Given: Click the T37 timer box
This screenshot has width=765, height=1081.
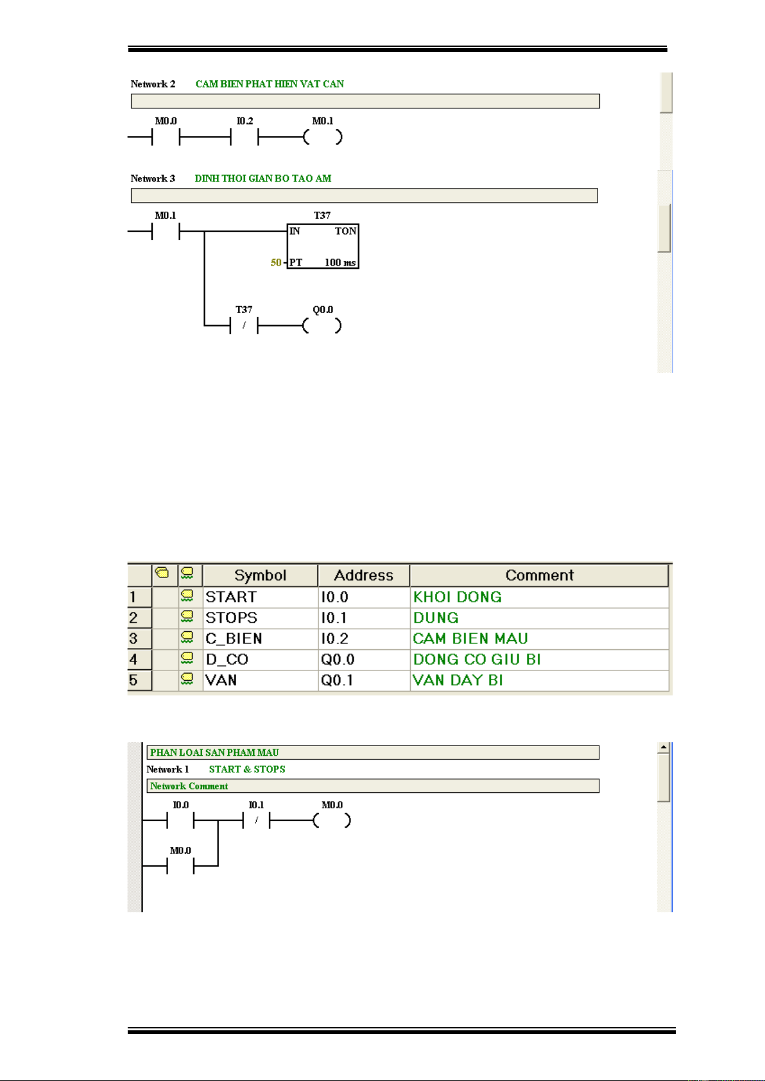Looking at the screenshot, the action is tap(322, 246).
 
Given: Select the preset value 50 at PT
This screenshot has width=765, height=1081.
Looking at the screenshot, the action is tap(275, 262).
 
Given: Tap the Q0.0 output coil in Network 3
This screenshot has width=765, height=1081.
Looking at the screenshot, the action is tap(322, 326).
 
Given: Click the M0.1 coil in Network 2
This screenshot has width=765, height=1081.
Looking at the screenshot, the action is tap(323, 137).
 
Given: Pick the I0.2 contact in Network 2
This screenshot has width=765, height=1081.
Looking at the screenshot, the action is tap(245, 137).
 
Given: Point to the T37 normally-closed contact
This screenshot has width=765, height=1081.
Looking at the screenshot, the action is tap(244, 326).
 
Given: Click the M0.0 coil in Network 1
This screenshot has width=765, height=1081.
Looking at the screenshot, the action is tap(332, 821).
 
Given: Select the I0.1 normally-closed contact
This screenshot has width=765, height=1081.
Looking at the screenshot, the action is tap(256, 821).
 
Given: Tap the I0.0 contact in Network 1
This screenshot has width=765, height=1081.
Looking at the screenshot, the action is tap(180, 821).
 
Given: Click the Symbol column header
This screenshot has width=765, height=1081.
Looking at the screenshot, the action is tap(260, 575).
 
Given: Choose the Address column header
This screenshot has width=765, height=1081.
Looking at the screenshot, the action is tap(363, 575).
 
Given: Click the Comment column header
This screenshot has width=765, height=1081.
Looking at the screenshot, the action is tap(539, 575).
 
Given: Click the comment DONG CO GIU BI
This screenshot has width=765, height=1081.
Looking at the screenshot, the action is tap(477, 660).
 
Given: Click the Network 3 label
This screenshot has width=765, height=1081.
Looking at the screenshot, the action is tap(153, 178).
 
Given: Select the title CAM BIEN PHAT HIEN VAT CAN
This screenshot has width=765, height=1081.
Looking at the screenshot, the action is tap(270, 84).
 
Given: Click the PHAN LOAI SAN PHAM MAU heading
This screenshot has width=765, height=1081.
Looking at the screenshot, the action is tap(214, 753).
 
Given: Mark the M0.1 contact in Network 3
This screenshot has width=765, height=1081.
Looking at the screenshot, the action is tap(166, 232).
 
